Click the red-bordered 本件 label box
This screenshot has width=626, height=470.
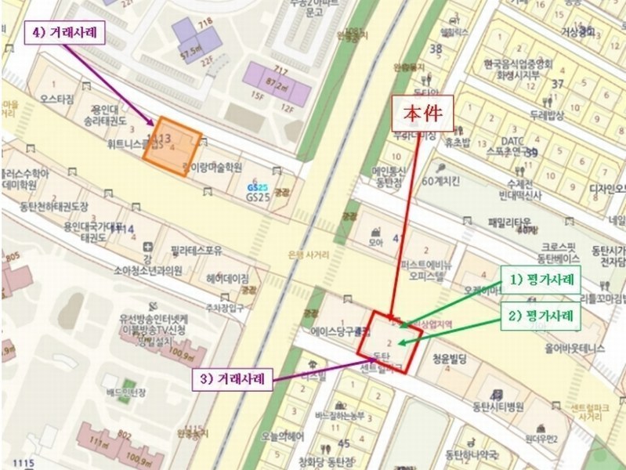tap(423, 112)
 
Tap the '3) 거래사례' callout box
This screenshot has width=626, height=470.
tap(233, 379)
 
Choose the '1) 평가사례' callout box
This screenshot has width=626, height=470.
tap(541, 280)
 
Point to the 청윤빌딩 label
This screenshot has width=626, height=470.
tap(449, 359)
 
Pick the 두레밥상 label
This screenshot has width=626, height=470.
tap(547, 115)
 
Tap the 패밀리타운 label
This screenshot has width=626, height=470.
tap(509, 222)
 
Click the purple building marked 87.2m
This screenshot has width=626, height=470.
tap(277, 81)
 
